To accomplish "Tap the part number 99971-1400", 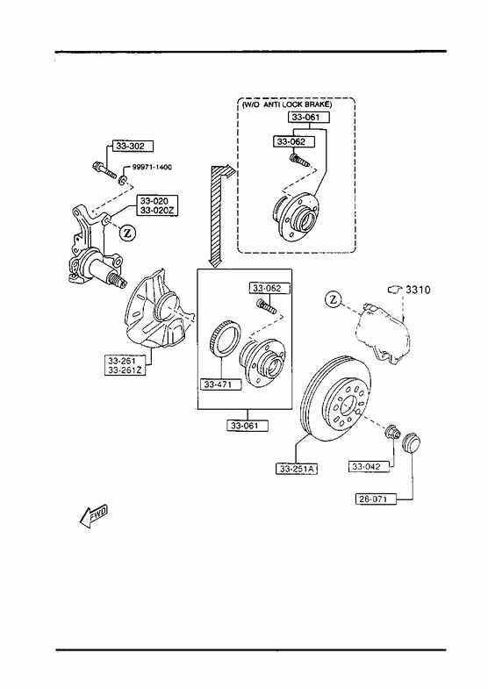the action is [152, 168].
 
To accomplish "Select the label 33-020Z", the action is [157, 211].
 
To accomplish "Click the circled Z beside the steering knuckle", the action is [128, 232].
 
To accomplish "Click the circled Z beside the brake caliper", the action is [334, 299].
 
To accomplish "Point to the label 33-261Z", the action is [126, 370].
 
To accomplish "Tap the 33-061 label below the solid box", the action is [248, 426].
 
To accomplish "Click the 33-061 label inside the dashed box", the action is [309, 118].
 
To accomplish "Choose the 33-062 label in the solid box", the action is [270, 288].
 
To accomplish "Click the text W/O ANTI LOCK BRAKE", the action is [287, 104].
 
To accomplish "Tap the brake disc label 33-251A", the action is [297, 470].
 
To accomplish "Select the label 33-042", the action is [369, 467].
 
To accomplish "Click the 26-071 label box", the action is [376, 499].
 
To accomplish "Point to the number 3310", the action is [418, 290].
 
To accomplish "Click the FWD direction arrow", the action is [94, 515].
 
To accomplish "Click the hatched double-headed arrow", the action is [219, 215].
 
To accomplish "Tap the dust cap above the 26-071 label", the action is [412, 441].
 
